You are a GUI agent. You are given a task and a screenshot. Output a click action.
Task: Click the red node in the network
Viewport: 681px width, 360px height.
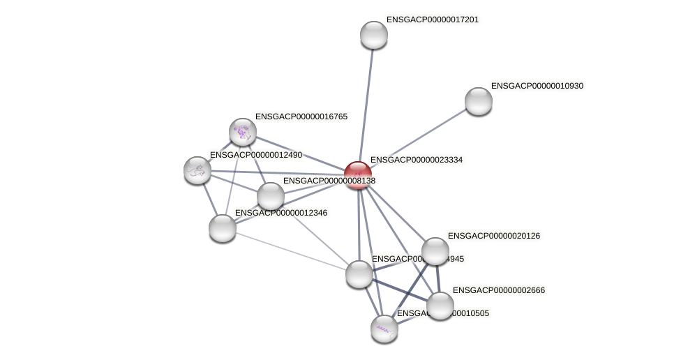pos(358,175)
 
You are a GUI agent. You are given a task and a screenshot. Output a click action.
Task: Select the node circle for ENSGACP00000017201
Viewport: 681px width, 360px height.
pos(374,35)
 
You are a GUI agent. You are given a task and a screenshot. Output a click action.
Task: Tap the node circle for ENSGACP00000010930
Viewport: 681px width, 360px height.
pos(479,101)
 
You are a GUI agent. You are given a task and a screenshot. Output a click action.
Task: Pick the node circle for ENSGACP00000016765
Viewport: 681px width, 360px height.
pos(243,132)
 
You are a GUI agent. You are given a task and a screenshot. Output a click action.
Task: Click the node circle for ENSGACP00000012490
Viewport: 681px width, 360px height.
pos(197,170)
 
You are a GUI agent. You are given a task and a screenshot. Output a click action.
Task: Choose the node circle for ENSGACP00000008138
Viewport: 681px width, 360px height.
pos(271,196)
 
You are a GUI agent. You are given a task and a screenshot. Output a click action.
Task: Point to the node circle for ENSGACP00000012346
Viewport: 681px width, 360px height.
pos(223,228)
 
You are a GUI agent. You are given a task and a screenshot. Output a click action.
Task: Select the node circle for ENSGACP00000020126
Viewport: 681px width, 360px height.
pos(435,251)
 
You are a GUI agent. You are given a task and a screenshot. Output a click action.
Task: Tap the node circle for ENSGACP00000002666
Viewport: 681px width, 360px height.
pos(440,306)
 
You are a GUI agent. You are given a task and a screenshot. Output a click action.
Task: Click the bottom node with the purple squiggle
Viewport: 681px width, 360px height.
pos(384,329)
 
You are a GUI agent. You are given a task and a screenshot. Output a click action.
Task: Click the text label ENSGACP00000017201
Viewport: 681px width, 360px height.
pos(433,20)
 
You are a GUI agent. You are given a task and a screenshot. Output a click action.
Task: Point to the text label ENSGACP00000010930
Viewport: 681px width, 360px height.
pos(537,86)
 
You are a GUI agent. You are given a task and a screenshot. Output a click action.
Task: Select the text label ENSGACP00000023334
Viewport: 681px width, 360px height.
pos(417,160)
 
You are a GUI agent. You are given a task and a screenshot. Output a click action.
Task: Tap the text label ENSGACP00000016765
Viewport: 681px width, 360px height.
pos(301,117)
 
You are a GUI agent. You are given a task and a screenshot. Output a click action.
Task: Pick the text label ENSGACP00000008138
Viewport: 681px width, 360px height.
pos(329,181)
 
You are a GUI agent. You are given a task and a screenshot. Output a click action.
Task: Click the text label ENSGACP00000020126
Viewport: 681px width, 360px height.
pos(494,236)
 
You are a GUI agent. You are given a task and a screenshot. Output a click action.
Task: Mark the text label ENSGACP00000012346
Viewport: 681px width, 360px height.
pos(281,213)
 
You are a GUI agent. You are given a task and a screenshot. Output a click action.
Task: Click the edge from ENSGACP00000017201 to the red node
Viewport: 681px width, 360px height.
pos(366,105)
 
